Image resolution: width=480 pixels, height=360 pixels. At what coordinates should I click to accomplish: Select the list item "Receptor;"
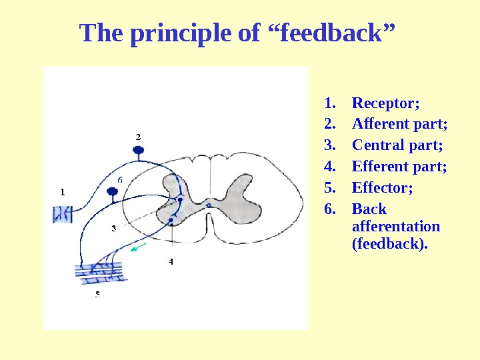[x=385, y=103]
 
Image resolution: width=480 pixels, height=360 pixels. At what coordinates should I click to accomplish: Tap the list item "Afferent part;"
[x=399, y=124]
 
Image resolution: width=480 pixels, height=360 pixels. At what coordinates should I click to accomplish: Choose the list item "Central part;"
[x=397, y=145]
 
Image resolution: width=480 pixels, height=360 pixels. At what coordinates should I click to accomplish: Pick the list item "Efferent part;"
[x=399, y=166]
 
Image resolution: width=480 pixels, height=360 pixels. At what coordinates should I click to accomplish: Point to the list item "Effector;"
[x=382, y=187]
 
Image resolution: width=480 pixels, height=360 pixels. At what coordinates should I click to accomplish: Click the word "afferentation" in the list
[x=395, y=226]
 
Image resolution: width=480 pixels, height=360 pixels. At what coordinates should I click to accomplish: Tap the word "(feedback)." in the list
[x=389, y=243]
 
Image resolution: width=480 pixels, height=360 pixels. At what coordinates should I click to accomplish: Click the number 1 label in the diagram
[x=63, y=192]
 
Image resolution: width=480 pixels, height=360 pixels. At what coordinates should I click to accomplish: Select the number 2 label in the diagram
[x=138, y=136]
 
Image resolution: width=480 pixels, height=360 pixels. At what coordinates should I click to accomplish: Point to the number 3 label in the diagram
[x=113, y=228]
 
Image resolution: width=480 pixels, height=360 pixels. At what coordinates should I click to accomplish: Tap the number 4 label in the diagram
[x=171, y=262]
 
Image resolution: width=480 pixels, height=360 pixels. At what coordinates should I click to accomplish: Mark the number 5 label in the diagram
[x=97, y=294]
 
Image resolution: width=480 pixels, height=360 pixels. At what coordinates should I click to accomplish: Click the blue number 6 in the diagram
[x=120, y=179]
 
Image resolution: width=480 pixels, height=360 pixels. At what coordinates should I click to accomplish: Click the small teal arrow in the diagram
[x=138, y=248]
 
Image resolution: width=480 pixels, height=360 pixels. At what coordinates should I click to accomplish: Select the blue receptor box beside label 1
[x=63, y=214]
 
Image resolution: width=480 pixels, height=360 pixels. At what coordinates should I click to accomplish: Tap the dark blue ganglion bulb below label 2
[x=138, y=150]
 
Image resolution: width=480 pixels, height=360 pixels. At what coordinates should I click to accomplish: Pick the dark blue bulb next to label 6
[x=113, y=193]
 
